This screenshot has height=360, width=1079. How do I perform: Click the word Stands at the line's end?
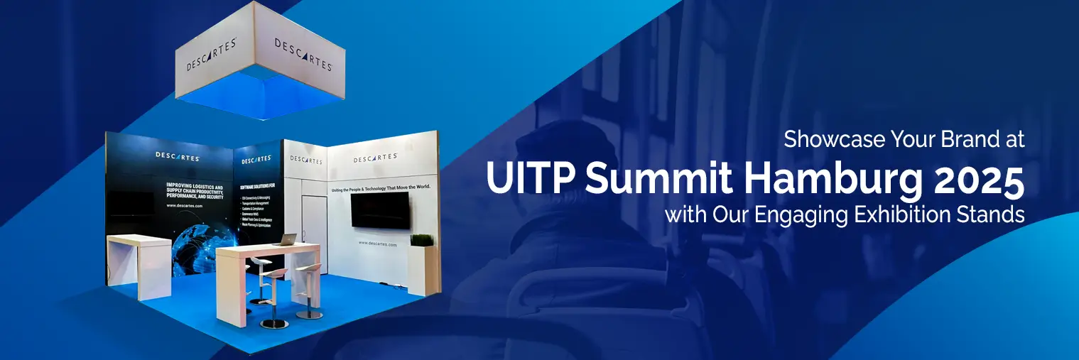click(993, 214)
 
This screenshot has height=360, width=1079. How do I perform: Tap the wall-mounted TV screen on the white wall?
click(381, 210)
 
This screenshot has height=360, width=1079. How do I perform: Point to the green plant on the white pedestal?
click(421, 240)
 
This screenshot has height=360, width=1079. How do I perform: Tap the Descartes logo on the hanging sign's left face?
click(211, 54)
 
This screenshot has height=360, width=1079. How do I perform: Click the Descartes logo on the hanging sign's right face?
click(303, 55)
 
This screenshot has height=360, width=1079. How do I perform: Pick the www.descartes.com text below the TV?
click(378, 243)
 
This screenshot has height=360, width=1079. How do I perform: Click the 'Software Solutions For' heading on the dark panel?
click(256, 185)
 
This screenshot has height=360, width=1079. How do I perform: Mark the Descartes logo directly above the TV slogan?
click(374, 158)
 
